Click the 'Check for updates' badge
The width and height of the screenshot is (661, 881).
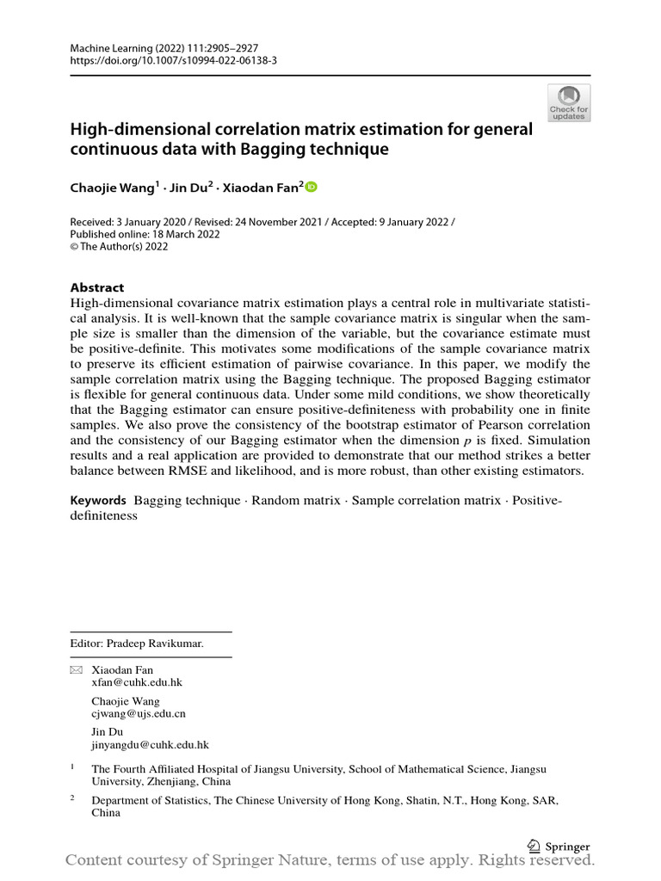click(x=569, y=102)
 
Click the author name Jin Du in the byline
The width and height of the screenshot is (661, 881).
click(x=190, y=188)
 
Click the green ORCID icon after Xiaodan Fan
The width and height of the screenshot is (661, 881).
click(x=311, y=187)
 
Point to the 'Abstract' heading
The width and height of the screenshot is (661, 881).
click(x=96, y=287)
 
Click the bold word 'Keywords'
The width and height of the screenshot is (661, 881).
click(x=98, y=501)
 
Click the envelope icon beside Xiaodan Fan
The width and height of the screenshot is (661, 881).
click(x=76, y=669)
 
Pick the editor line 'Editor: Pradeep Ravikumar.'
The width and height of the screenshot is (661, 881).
click(x=137, y=643)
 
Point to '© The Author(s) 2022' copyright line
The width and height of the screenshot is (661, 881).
click(x=119, y=246)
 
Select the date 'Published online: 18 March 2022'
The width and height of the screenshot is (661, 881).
click(x=145, y=234)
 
